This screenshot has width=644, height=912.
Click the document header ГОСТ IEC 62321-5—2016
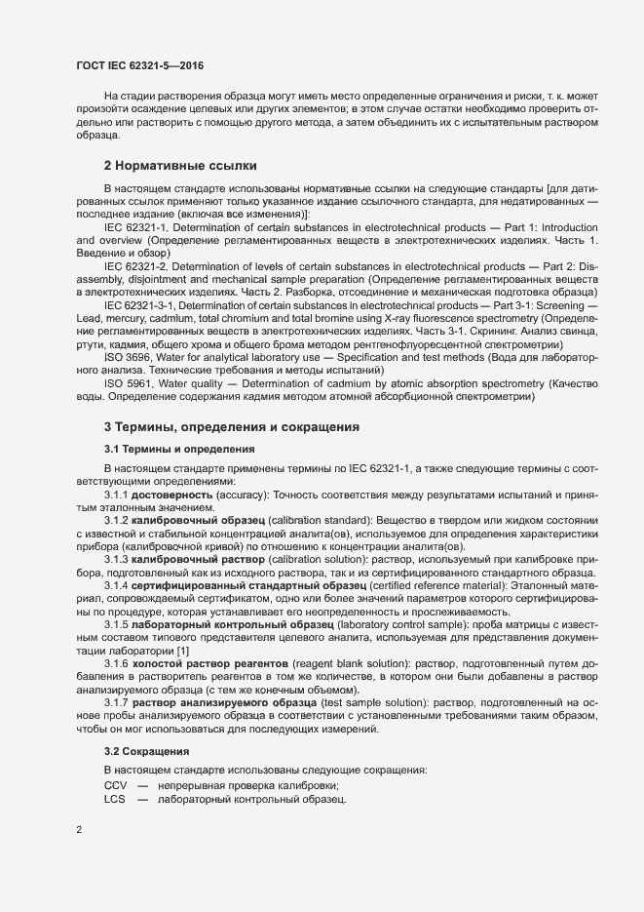(139, 66)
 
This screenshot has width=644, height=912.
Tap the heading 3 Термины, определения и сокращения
(232, 427)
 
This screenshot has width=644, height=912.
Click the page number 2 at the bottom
(79, 830)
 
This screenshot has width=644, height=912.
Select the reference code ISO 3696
(128, 357)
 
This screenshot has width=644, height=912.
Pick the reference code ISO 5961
(128, 382)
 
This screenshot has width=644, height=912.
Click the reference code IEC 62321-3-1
(142, 306)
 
